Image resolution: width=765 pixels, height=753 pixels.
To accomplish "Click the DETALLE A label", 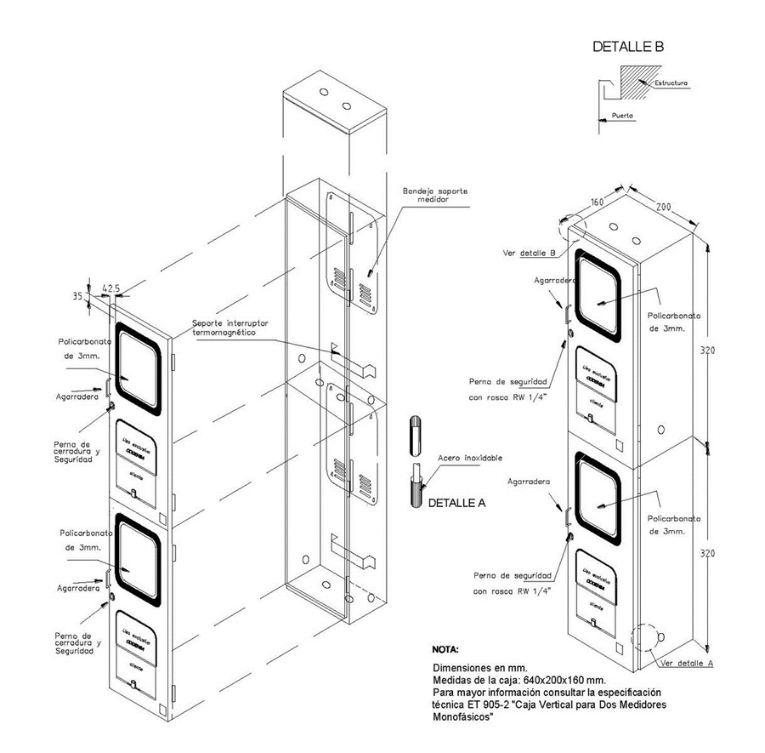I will click(x=456, y=503).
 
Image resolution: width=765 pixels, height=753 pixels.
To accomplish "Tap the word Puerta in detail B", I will click(x=623, y=114).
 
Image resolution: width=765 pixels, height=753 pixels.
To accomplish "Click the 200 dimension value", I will click(x=664, y=207).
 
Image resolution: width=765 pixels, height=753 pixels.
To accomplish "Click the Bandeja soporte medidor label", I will click(x=435, y=196).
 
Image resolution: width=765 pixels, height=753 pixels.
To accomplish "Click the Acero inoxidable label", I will click(x=465, y=458).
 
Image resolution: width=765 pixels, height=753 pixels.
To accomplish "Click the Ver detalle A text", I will click(x=684, y=662).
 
